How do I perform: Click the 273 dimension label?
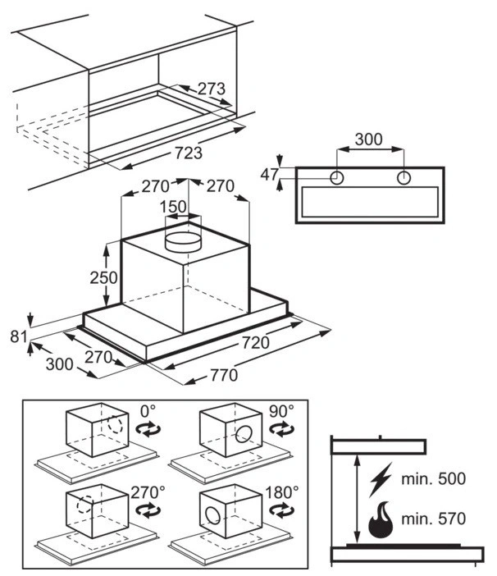211,89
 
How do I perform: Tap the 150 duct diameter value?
172,207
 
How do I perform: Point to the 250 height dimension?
104,277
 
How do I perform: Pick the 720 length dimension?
255,343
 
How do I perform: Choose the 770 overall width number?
222,376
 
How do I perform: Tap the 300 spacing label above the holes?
369,139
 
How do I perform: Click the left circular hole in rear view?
337,178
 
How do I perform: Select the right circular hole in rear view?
403,178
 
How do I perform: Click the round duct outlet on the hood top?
183,240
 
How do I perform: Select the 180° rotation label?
281,492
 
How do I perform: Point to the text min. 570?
435,519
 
